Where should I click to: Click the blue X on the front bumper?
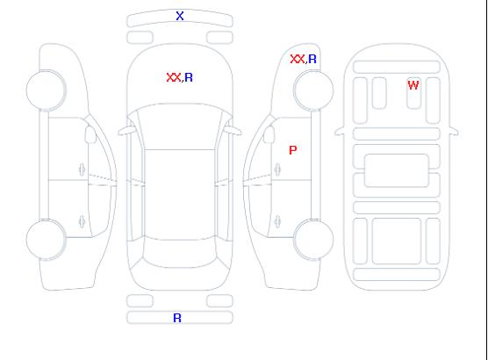tap(180, 16)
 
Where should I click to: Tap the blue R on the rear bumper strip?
tap(177, 318)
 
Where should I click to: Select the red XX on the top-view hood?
tap(174, 77)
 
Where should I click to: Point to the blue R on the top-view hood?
tap(189, 77)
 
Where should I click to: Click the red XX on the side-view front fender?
tap(298, 59)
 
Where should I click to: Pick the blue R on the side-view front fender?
tap(312, 59)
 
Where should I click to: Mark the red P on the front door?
tap(293, 150)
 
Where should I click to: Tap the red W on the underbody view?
tap(413, 85)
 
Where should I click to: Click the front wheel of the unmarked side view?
tap(46, 90)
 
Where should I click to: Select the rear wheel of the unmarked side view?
tap(46, 240)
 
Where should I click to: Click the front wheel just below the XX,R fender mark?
tap(313, 90)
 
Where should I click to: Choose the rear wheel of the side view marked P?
tap(313, 240)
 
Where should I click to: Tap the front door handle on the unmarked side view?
tap(82, 169)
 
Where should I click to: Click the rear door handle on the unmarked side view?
tap(82, 221)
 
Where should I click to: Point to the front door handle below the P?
tap(277, 169)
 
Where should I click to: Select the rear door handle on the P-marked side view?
tap(277, 221)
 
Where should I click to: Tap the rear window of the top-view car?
tap(180, 254)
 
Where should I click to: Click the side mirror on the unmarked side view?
tap(90, 134)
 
